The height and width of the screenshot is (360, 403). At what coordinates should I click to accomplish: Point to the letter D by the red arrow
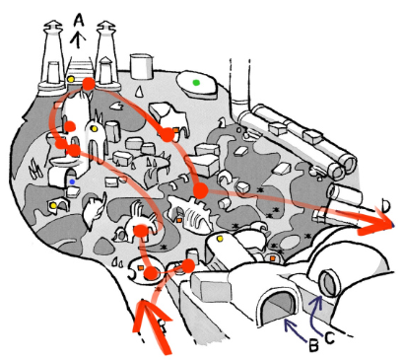[x=385, y=206]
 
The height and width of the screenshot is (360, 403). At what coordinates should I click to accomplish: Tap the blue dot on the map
[x=73, y=181]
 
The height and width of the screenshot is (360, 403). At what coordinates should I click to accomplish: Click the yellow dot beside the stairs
[x=71, y=77]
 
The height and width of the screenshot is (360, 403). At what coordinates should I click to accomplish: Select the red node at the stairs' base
[x=88, y=85]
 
